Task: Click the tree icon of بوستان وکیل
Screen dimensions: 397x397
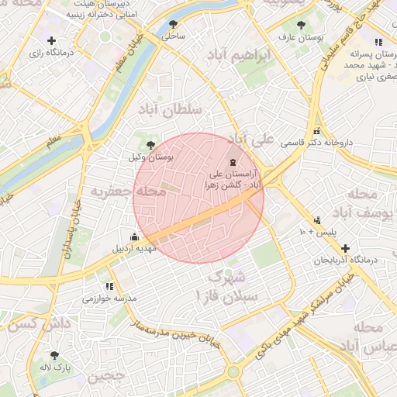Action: pyautogui.click(x=150, y=144)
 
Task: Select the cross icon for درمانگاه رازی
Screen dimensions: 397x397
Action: pyautogui.click(x=52, y=40)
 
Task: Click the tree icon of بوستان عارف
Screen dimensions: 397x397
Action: pyautogui.click(x=302, y=26)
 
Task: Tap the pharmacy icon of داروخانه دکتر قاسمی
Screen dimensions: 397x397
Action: pyautogui.click(x=317, y=131)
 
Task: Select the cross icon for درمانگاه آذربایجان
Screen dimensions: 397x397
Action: pyautogui.click(x=345, y=248)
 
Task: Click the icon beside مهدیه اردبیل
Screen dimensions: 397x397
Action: pyautogui.click(x=135, y=237)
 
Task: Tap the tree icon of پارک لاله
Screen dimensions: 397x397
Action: pyautogui.click(x=54, y=355)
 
